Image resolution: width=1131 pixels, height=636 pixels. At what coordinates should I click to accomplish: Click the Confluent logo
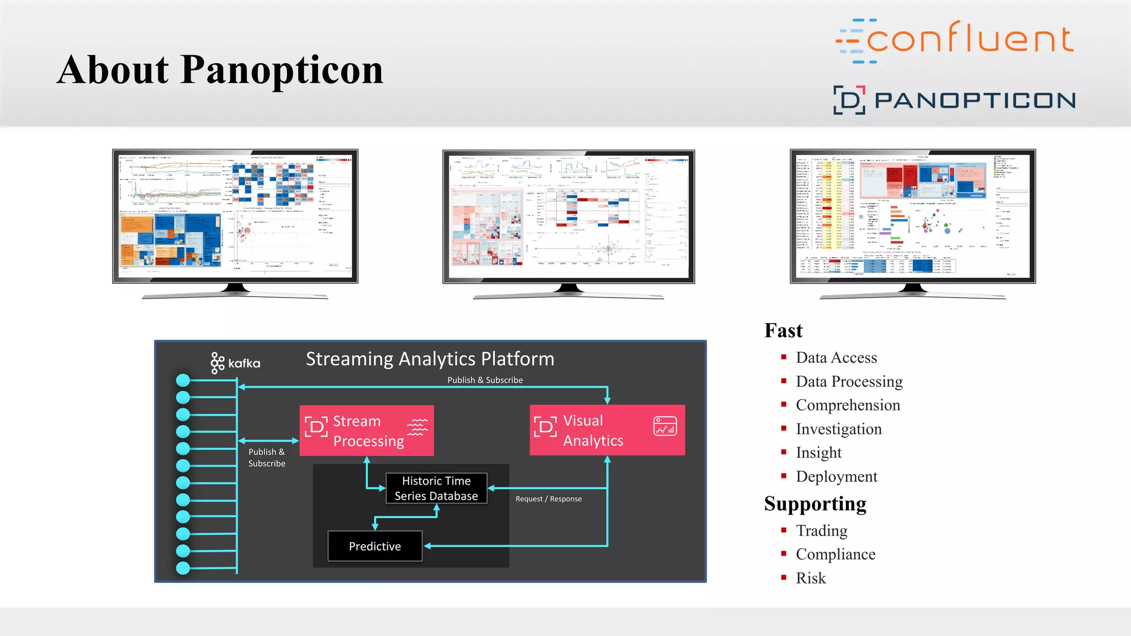click(x=955, y=40)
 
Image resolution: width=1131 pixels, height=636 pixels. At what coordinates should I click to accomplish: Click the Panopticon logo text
click(x=975, y=100)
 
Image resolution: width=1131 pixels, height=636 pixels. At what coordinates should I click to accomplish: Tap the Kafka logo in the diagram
click(x=235, y=363)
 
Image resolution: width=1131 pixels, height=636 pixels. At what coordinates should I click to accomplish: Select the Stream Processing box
click(x=367, y=431)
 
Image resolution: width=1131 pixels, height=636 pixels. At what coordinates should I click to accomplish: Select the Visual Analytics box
click(x=607, y=430)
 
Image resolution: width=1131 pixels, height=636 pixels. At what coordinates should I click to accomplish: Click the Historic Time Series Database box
click(x=436, y=488)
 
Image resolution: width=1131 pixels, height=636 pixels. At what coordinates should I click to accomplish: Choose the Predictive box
click(x=375, y=546)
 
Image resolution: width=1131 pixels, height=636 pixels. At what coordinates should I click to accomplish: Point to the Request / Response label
click(x=548, y=499)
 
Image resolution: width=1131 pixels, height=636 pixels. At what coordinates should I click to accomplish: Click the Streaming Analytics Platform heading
click(x=430, y=359)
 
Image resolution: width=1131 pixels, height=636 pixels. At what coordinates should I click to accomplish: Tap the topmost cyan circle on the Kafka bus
click(x=183, y=380)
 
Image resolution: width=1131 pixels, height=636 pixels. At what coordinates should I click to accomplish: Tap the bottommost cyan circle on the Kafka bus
click(x=183, y=568)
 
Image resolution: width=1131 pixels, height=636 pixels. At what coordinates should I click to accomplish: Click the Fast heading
click(x=783, y=331)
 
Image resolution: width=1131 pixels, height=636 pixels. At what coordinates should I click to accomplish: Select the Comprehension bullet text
click(x=848, y=405)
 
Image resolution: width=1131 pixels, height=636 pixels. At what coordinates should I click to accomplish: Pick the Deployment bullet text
click(x=836, y=476)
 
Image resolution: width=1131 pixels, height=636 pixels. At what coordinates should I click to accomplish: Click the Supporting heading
click(x=815, y=504)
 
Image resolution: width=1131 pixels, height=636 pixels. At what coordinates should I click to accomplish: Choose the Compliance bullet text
click(x=836, y=554)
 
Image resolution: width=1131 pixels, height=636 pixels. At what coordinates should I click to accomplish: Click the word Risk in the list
click(x=811, y=578)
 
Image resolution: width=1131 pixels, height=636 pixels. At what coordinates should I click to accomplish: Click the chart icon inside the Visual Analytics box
click(x=665, y=427)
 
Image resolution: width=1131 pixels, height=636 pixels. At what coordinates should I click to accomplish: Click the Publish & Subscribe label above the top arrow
click(x=485, y=380)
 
